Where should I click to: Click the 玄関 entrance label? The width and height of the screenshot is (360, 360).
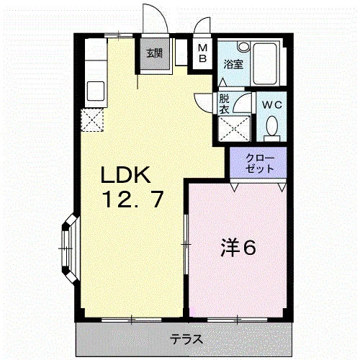[x=155, y=53]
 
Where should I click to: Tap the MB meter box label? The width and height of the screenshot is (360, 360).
[x=203, y=53]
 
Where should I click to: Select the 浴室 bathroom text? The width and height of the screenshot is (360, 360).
[x=234, y=64]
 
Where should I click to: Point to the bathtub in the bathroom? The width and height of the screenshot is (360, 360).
[x=266, y=63]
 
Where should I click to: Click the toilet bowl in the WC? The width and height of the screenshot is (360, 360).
[x=272, y=126]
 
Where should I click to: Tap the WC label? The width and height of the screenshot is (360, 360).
[x=271, y=105]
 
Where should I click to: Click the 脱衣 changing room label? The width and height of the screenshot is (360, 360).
[x=225, y=104]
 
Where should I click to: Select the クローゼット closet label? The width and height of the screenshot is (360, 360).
[x=260, y=163]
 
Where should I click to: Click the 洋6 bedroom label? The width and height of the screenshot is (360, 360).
[x=238, y=248]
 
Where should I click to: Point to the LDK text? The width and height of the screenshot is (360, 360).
[x=125, y=175]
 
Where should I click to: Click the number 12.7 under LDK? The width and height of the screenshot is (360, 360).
[x=133, y=199]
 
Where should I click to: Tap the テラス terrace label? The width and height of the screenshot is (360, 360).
[x=186, y=339]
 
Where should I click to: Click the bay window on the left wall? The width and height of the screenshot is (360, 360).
[x=70, y=248]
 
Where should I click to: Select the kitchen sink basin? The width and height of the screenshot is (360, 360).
[x=96, y=91]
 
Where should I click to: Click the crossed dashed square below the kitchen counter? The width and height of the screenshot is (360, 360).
[x=92, y=120]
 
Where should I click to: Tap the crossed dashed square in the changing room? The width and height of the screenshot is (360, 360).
[x=234, y=129]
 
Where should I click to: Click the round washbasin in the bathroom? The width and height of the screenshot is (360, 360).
[x=244, y=47]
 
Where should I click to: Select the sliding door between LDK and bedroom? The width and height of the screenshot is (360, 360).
[x=186, y=245]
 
